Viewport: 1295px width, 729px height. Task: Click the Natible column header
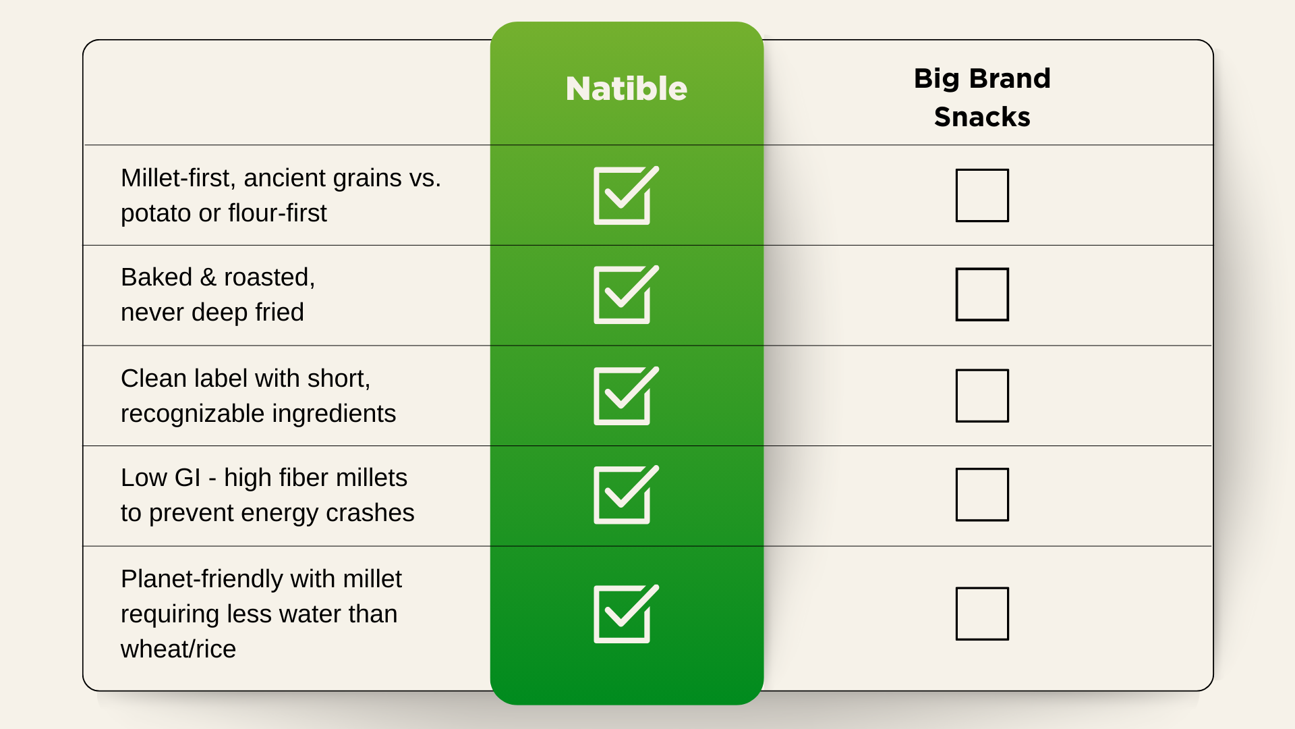click(627, 88)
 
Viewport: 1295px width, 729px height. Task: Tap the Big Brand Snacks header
click(982, 97)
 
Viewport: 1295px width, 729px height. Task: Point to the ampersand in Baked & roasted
click(208, 277)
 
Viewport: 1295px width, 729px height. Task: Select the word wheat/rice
click(178, 649)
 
